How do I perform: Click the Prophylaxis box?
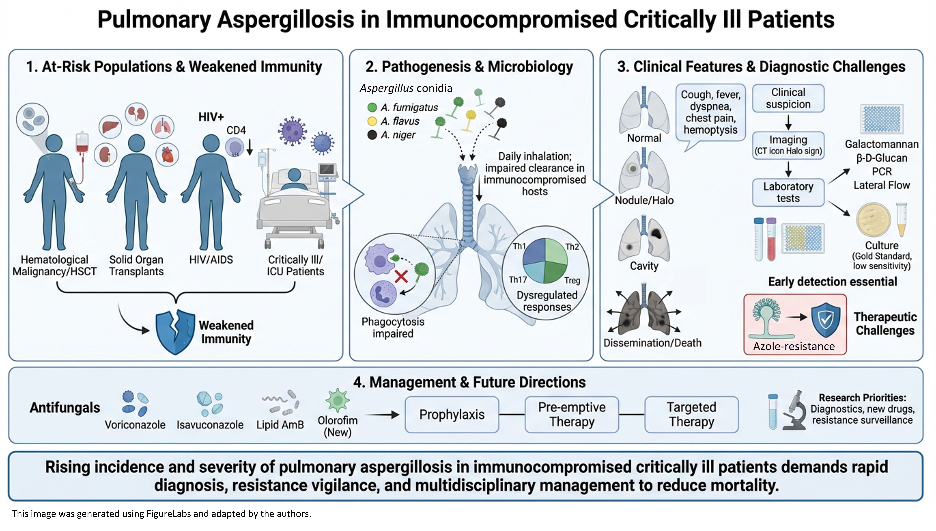tap(452, 415)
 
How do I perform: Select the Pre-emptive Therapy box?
tap(571, 415)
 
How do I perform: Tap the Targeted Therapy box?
tap(691, 415)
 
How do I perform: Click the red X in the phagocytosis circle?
tap(401, 276)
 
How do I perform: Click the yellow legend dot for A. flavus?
tap(372, 121)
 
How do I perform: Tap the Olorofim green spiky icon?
tap(337, 400)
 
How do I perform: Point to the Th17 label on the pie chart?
tap(518, 280)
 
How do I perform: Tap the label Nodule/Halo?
tap(644, 200)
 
